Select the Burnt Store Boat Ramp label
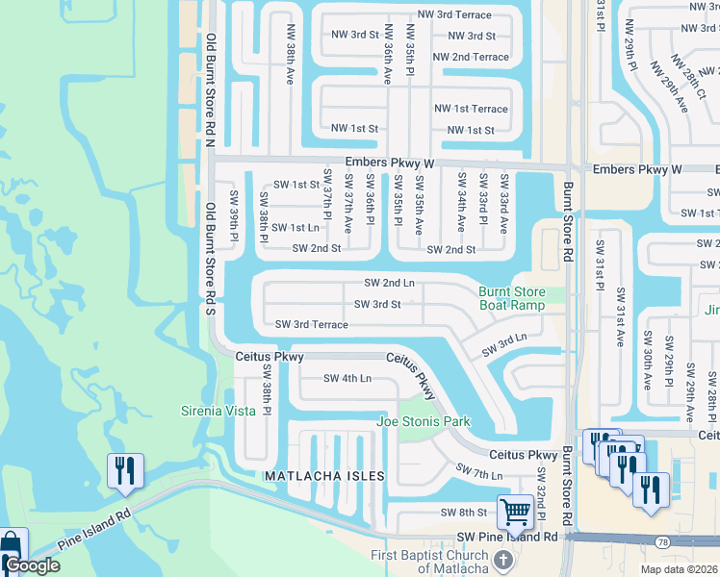(512, 299)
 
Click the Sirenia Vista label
(219, 411)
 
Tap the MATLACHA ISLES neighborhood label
(325, 476)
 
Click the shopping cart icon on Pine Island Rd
(516, 511)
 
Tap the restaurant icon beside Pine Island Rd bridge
(125, 470)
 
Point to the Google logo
(32, 565)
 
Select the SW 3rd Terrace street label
(311, 325)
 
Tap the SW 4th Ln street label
(347, 379)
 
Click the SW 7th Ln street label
(479, 472)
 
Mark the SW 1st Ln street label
(296, 228)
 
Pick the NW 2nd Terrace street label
(471, 57)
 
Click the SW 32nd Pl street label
(542, 492)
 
